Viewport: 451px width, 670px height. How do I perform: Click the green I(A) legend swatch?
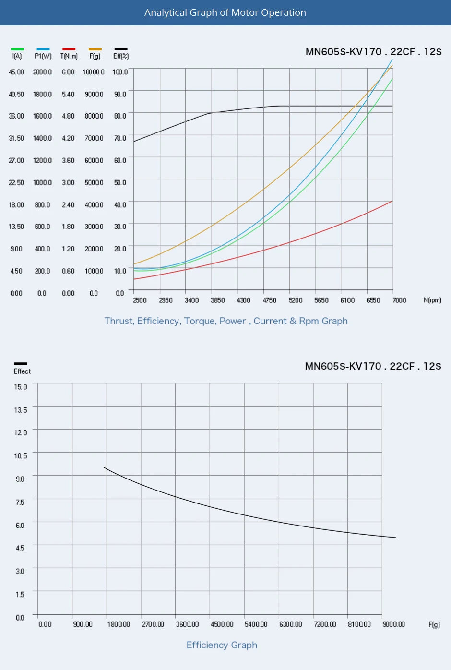point(17,49)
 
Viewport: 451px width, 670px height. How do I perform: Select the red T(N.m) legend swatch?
point(69,49)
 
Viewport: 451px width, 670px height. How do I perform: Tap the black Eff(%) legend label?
point(121,56)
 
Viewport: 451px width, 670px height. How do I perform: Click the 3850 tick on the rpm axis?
point(217,300)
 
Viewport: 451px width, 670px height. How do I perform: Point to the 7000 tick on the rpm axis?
point(399,300)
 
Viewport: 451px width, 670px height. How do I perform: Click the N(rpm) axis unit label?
point(432,300)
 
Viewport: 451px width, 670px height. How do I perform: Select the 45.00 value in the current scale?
point(16,72)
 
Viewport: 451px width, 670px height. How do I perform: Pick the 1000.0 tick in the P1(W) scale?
point(42,183)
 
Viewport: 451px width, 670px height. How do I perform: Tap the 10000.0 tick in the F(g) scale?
point(93,72)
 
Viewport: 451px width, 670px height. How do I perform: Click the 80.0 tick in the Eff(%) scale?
point(120,116)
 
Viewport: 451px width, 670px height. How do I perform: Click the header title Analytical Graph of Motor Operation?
point(225,13)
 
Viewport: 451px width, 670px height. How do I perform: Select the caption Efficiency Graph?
point(222,645)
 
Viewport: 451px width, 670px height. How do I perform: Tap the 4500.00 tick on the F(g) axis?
point(222,624)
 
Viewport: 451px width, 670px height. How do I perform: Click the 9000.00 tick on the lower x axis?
point(393,624)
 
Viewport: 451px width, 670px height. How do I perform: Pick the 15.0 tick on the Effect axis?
point(20,387)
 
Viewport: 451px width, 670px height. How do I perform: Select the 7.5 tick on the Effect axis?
point(20,502)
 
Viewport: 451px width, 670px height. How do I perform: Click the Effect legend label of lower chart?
point(22,371)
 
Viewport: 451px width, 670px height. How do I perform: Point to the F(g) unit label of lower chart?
point(434,624)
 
